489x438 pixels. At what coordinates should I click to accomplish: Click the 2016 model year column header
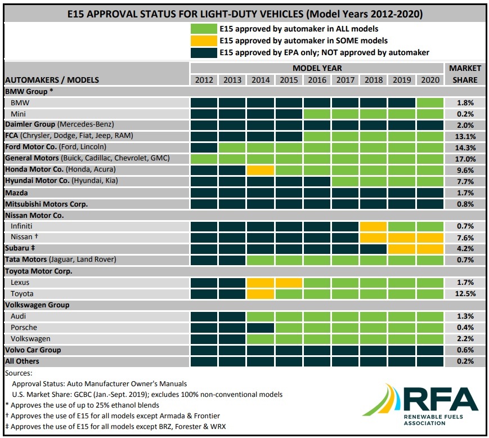click(317, 79)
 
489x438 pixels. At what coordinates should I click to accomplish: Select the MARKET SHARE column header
click(465, 74)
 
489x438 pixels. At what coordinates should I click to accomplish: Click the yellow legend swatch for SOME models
click(204, 41)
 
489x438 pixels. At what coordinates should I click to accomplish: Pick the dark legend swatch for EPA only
click(204, 52)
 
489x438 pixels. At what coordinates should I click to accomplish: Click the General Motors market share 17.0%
click(465, 158)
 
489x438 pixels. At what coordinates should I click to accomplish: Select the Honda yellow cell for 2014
click(261, 169)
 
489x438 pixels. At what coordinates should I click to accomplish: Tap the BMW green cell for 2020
click(430, 102)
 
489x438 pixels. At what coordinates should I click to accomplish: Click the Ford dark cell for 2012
click(204, 147)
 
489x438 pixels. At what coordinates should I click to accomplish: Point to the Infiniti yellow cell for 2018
click(374, 226)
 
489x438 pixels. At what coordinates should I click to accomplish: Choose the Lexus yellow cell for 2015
click(289, 282)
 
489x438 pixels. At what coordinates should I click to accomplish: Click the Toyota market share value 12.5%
click(465, 293)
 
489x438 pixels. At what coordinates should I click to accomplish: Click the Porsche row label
click(24, 327)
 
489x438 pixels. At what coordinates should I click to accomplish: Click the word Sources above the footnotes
click(18, 373)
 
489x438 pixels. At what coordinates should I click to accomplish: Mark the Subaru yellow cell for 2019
click(402, 248)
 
